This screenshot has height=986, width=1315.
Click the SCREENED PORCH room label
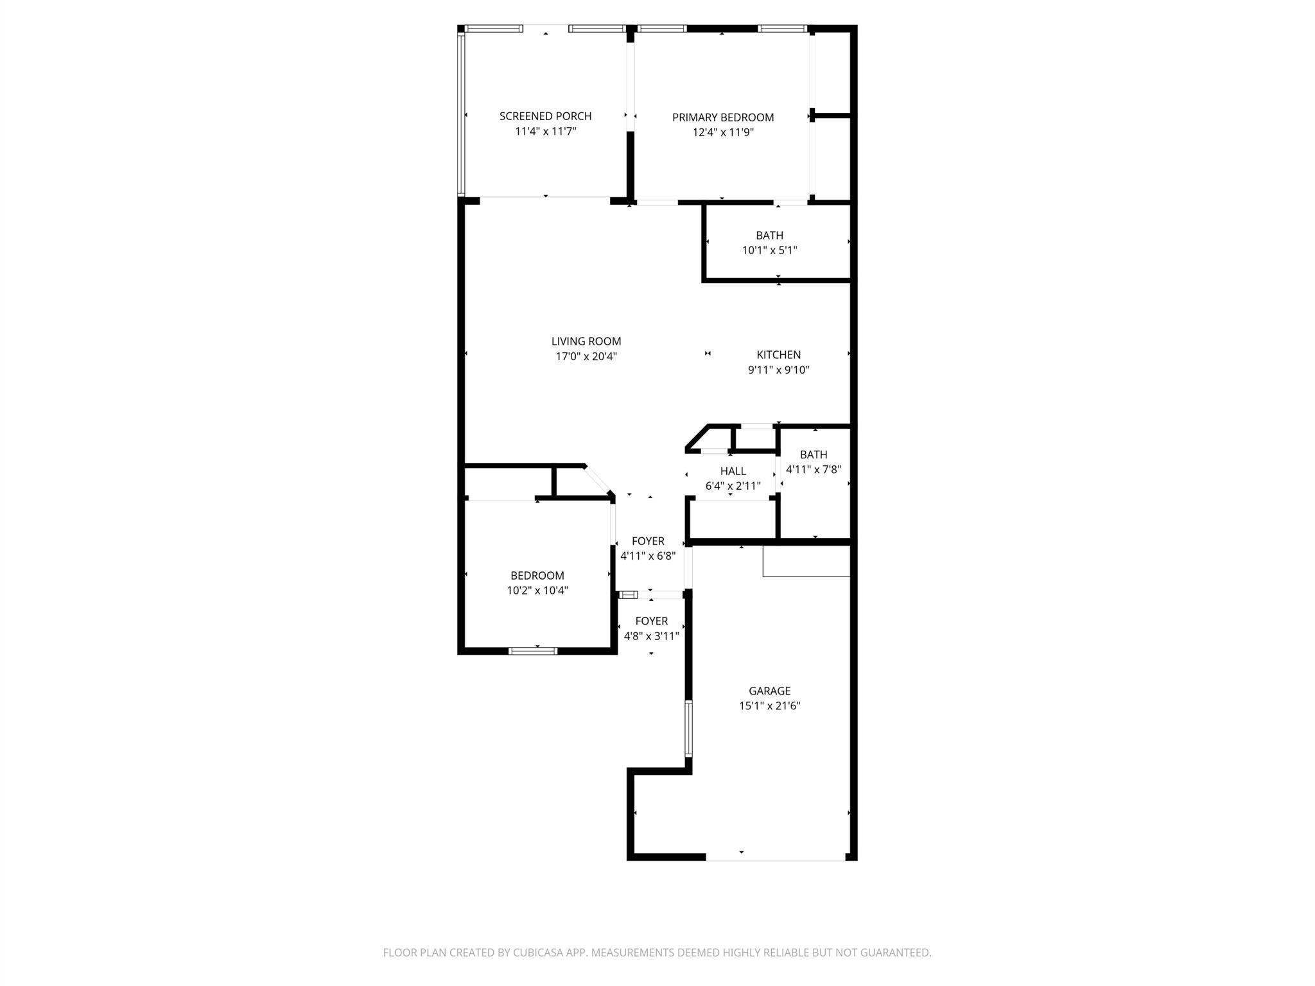tap(545, 116)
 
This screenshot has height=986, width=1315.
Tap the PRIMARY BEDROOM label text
tap(722, 117)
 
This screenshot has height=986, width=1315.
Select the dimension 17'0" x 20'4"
tap(586, 357)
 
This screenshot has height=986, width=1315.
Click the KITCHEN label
tap(778, 355)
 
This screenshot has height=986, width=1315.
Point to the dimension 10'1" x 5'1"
tap(769, 250)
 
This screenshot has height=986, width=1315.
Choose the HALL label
tap(733, 471)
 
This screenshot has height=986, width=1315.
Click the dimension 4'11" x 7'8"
tap(813, 469)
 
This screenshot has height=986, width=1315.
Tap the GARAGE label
tap(769, 691)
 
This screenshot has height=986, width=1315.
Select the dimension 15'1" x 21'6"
tap(769, 706)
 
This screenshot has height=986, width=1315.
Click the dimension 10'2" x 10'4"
tap(537, 591)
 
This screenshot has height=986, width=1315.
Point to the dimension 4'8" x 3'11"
tap(651, 636)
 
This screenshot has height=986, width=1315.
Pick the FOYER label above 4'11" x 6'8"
tap(648, 541)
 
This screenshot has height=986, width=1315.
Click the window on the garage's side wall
tap(688, 727)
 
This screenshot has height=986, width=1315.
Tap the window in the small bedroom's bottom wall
tap(533, 651)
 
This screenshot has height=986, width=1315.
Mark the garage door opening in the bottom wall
tap(775, 858)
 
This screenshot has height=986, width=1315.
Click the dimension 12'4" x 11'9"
tap(722, 133)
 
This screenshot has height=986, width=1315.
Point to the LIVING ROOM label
tap(586, 342)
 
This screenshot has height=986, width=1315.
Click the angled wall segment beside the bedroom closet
tap(598, 480)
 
